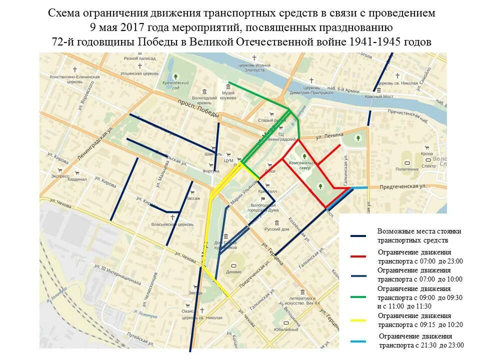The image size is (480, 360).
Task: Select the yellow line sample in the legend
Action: (x=358, y=320)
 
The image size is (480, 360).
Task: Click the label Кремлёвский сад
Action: (x=170, y=84)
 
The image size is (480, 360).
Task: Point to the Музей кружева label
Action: (x=228, y=95)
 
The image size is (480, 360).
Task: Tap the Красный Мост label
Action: (x=377, y=96)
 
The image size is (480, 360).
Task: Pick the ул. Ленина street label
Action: (x=329, y=135)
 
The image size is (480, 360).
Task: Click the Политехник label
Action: (x=407, y=169)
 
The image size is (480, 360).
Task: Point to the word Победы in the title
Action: (x=160, y=41)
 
